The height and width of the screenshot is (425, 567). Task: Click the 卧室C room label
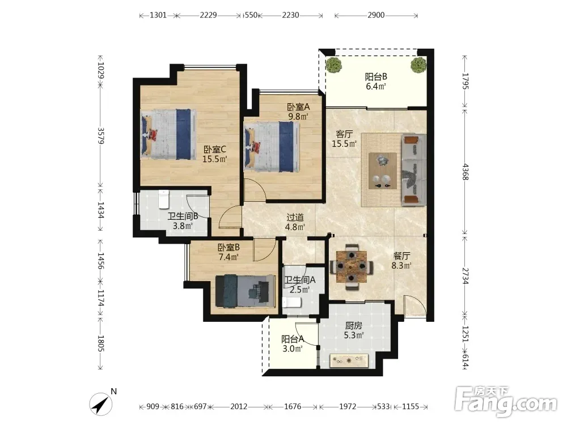(215, 149)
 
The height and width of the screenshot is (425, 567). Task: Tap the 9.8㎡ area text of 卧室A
(298, 116)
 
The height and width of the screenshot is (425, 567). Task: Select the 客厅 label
(344, 134)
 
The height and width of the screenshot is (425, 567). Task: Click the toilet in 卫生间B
(164, 199)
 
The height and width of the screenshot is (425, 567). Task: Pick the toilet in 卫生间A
(291, 302)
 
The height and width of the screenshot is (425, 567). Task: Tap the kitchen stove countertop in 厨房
(349, 360)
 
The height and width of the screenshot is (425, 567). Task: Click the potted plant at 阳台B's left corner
(333, 65)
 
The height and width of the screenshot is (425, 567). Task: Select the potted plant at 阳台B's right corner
(418, 65)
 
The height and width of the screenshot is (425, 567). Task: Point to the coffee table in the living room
(383, 171)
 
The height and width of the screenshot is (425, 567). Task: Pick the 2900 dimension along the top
(376, 15)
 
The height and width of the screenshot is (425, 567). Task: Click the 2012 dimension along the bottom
(239, 406)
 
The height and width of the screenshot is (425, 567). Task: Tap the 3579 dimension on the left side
(101, 136)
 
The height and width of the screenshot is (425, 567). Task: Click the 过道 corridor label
(295, 217)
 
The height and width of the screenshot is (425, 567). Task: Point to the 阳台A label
(293, 339)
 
